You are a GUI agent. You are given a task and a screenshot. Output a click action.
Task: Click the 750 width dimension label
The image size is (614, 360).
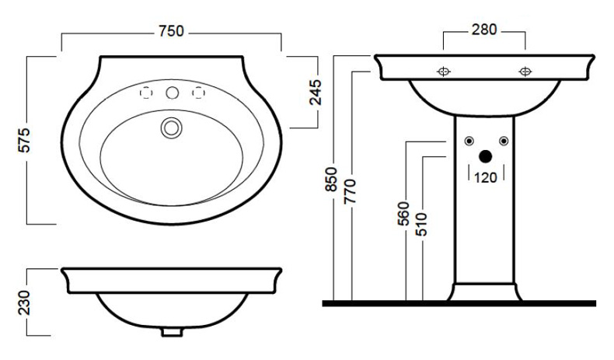point(171,31)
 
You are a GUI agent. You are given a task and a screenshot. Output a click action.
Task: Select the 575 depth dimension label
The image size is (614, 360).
point(24,140)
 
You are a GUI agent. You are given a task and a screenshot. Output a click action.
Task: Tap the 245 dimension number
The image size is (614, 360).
point(316,93)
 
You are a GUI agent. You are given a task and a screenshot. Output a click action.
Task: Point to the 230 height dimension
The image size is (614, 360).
point(24,302)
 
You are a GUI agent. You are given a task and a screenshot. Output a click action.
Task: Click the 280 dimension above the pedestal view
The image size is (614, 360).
point(484,30)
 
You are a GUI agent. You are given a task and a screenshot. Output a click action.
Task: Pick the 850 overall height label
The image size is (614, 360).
point(331,180)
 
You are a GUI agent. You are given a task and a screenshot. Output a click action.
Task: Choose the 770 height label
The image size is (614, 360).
point(350,191)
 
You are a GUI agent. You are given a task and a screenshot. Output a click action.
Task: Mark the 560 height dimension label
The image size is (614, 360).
point(403,214)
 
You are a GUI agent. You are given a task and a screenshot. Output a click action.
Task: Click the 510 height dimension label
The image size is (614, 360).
point(421,224)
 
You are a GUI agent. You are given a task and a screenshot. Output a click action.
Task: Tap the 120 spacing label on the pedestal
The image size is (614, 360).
point(486,177)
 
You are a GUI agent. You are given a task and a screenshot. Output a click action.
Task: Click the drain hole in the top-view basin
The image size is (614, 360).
point(172,128)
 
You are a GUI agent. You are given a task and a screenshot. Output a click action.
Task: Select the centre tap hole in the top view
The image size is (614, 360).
point(173,93)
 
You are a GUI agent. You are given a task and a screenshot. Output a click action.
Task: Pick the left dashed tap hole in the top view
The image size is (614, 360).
point(146,93)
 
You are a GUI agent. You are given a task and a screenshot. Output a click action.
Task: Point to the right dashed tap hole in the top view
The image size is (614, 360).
point(198,93)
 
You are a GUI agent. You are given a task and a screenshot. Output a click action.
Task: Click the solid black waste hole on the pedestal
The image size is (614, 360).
point(486,157)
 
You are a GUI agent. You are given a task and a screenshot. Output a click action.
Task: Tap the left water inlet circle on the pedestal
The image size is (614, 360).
point(469,141)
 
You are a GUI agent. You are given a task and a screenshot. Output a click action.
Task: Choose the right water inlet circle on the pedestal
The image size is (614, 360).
point(504,141)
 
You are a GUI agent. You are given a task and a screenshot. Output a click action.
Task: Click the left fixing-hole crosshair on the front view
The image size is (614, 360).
point(444,72)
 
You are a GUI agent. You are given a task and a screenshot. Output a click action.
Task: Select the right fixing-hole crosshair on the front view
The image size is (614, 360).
point(525,72)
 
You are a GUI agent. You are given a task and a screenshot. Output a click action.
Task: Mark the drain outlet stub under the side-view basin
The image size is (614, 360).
point(172,332)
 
